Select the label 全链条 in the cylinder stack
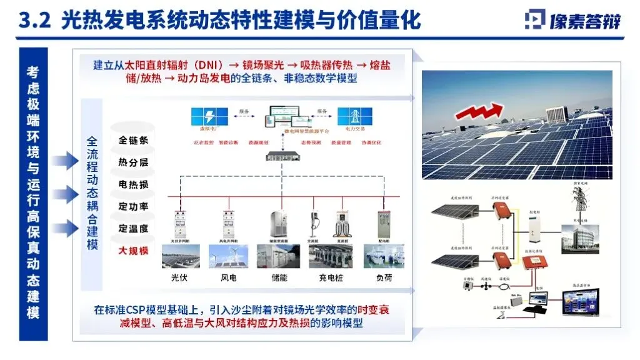coord(133,140)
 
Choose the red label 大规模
coord(133,251)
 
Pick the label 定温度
coord(133,229)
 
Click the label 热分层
coord(133,162)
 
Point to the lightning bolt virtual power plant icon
coord(209,117)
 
